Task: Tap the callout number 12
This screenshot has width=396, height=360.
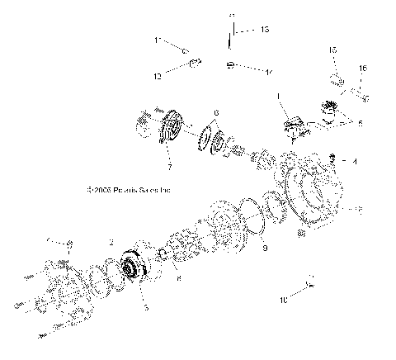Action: pyautogui.click(x=158, y=75)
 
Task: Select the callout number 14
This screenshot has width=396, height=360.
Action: pyautogui.click(x=269, y=73)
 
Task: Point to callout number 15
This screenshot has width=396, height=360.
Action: pyautogui.click(x=333, y=50)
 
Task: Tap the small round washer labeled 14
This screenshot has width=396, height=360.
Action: pyautogui.click(x=233, y=65)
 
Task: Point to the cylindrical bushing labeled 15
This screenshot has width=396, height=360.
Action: pyautogui.click(x=336, y=80)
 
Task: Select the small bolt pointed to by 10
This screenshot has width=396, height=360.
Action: pyautogui.click(x=310, y=285)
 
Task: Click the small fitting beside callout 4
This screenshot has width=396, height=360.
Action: pyautogui.click(x=331, y=157)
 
